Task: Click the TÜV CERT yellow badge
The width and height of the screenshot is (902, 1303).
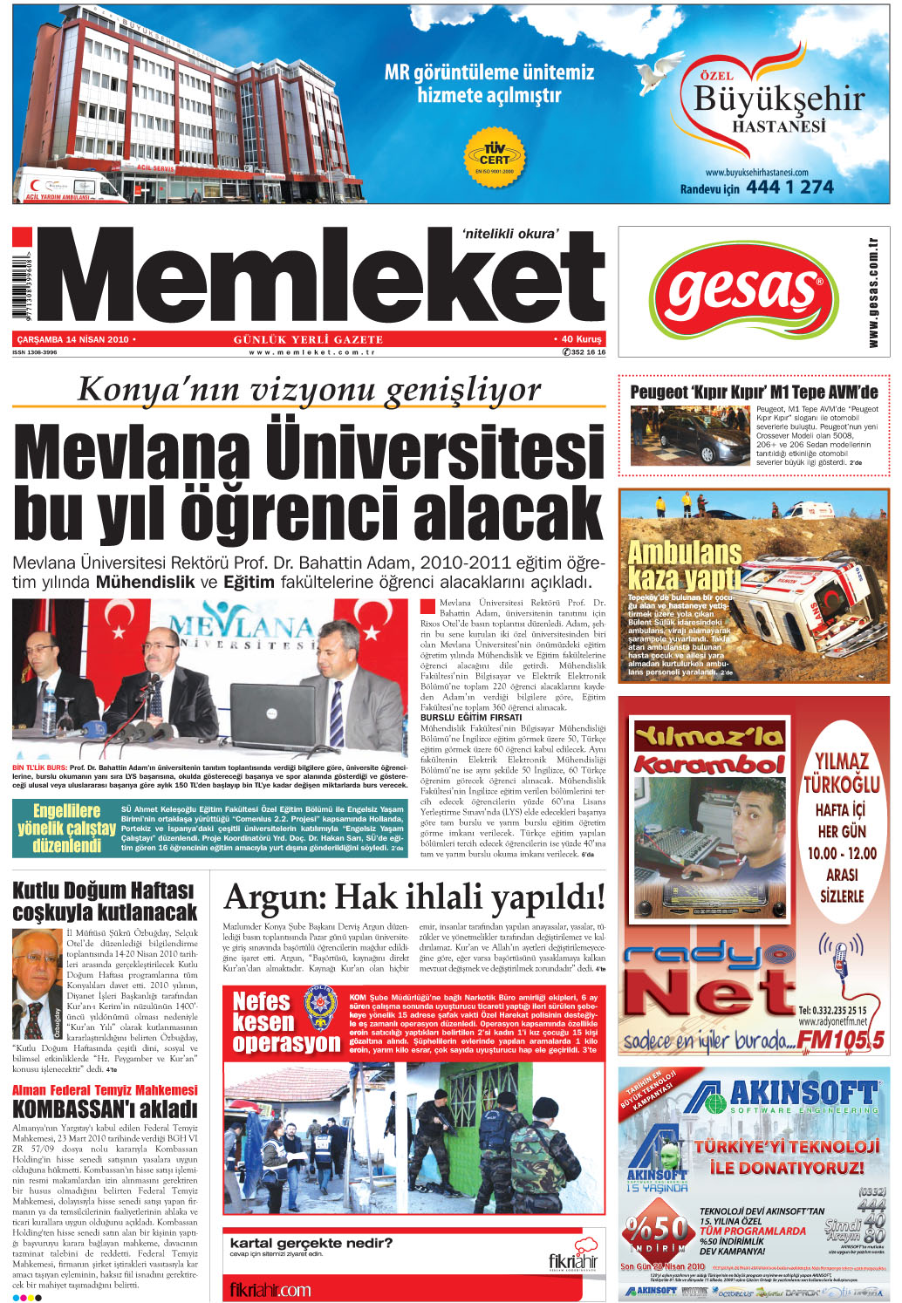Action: (x=494, y=155)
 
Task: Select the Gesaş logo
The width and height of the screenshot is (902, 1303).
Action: (x=741, y=290)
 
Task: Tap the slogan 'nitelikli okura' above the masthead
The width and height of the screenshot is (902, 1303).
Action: (x=510, y=233)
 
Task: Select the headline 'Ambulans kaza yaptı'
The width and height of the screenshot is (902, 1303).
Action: (x=684, y=564)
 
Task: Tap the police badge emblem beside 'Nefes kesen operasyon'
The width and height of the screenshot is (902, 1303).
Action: (x=321, y=1010)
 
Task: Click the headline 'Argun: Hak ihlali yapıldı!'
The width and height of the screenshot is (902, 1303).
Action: (x=413, y=897)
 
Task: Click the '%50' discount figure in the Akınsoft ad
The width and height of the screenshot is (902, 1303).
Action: (x=658, y=1229)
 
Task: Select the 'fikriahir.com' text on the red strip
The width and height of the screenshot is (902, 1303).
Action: (x=270, y=1289)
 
